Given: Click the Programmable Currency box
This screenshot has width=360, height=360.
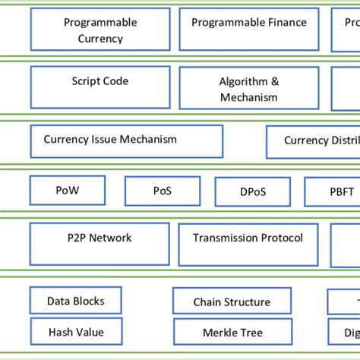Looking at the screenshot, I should pos(100,30).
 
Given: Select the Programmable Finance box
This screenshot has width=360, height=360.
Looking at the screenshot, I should pos(249,30).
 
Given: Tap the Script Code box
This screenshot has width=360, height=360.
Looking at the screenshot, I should pos(100,87).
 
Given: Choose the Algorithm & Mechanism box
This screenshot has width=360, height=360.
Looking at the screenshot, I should pos(249,89).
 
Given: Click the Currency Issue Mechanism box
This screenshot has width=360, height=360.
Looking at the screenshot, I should pos(126,141).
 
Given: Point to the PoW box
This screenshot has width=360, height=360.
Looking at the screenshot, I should pos(67,191).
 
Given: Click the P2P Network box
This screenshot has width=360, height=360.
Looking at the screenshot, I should pos(100,243).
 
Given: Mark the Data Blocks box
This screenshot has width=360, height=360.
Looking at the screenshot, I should pos(76,301).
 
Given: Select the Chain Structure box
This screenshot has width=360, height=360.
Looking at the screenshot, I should pos(232,302).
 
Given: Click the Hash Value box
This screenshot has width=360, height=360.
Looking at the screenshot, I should pos(76,332).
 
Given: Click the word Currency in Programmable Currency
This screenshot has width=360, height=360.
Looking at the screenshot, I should pos(100,39).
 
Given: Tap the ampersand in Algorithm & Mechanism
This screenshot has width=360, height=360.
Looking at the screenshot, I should pos(275,81).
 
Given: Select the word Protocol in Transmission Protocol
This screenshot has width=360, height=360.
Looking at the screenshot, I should pos(280,238).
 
